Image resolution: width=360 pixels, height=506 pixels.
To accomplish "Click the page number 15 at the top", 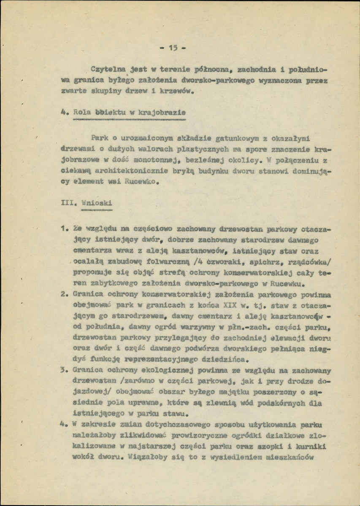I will coord(172,48).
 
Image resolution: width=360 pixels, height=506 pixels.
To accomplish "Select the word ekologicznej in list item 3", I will coord(168,371).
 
